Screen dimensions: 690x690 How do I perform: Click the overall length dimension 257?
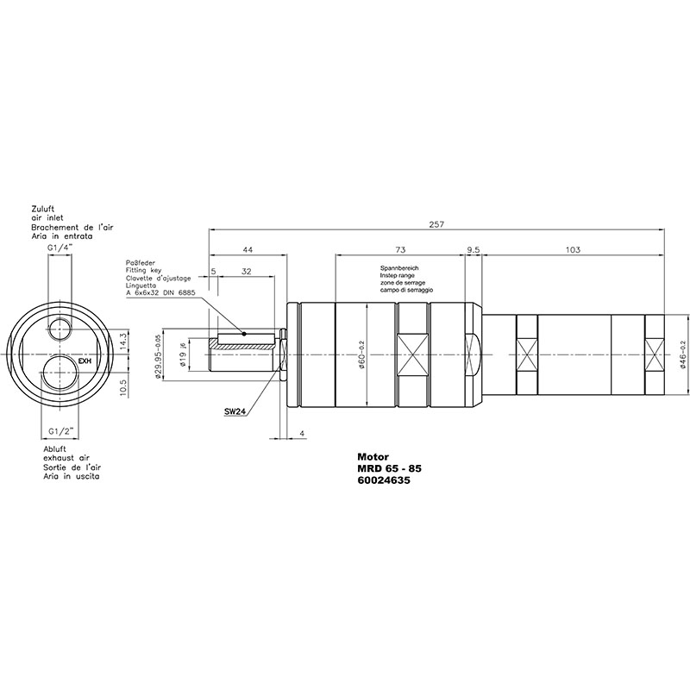click(x=436, y=224)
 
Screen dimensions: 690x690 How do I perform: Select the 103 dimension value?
click(x=573, y=250)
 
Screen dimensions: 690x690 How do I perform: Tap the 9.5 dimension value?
click(x=474, y=250)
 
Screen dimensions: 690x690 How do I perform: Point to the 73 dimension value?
click(x=400, y=250)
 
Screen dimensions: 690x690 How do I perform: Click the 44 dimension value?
click(x=248, y=250)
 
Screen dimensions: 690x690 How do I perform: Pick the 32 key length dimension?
click(x=246, y=272)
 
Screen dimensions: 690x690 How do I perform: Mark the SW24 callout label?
click(x=235, y=412)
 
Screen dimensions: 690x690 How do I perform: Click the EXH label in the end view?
click(x=85, y=361)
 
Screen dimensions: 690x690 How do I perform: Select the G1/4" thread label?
click(x=60, y=248)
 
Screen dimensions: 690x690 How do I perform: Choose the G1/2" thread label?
click(x=60, y=432)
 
